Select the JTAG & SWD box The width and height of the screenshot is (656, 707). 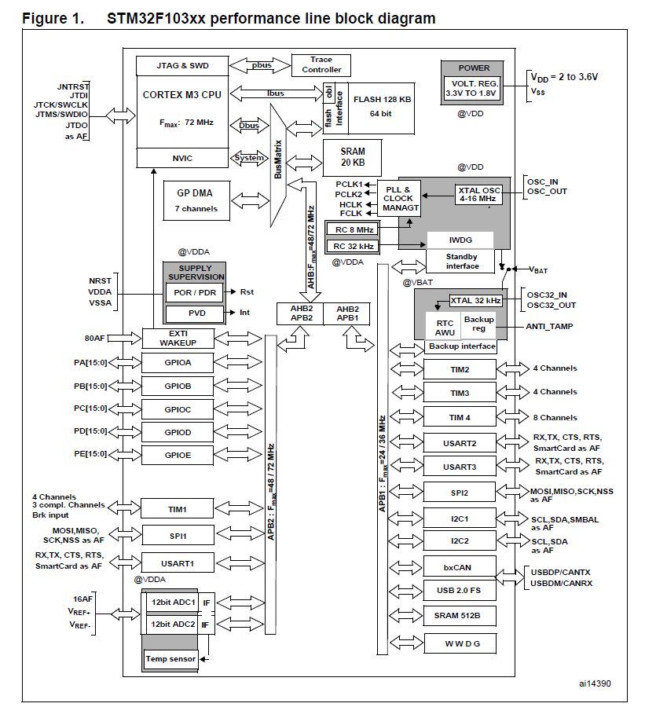point(182,64)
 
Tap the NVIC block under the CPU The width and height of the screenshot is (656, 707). point(182,158)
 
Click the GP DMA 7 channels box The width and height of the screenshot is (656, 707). point(192,202)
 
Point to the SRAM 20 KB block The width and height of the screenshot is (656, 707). point(351,157)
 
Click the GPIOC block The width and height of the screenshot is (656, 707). point(178,408)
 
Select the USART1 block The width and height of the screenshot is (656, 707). point(178,562)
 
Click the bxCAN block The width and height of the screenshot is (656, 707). point(460,566)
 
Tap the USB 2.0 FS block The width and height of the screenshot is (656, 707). point(460,590)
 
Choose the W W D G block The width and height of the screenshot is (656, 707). point(460,644)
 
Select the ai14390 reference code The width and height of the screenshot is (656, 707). point(593,684)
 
